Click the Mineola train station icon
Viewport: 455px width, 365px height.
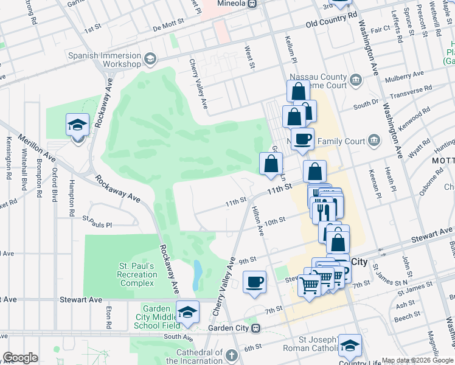(x=252, y=4)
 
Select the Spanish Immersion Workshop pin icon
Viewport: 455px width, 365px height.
(x=150, y=58)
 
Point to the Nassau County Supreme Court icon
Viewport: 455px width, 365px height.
(x=356, y=79)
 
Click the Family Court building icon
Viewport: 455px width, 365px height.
(x=374, y=141)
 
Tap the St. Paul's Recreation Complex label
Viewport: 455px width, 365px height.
(x=137, y=274)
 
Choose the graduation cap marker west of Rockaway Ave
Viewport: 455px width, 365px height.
(x=77, y=125)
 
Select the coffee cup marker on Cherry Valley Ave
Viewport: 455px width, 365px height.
(x=254, y=282)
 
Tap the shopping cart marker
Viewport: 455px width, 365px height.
(x=310, y=284)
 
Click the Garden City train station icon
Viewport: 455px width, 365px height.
(x=256, y=328)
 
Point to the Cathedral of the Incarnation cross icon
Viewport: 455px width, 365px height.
(x=231, y=354)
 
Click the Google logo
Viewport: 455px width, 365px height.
(x=20, y=358)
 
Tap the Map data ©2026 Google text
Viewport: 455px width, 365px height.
(x=417, y=360)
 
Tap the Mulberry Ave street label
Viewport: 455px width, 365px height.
(x=398, y=78)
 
